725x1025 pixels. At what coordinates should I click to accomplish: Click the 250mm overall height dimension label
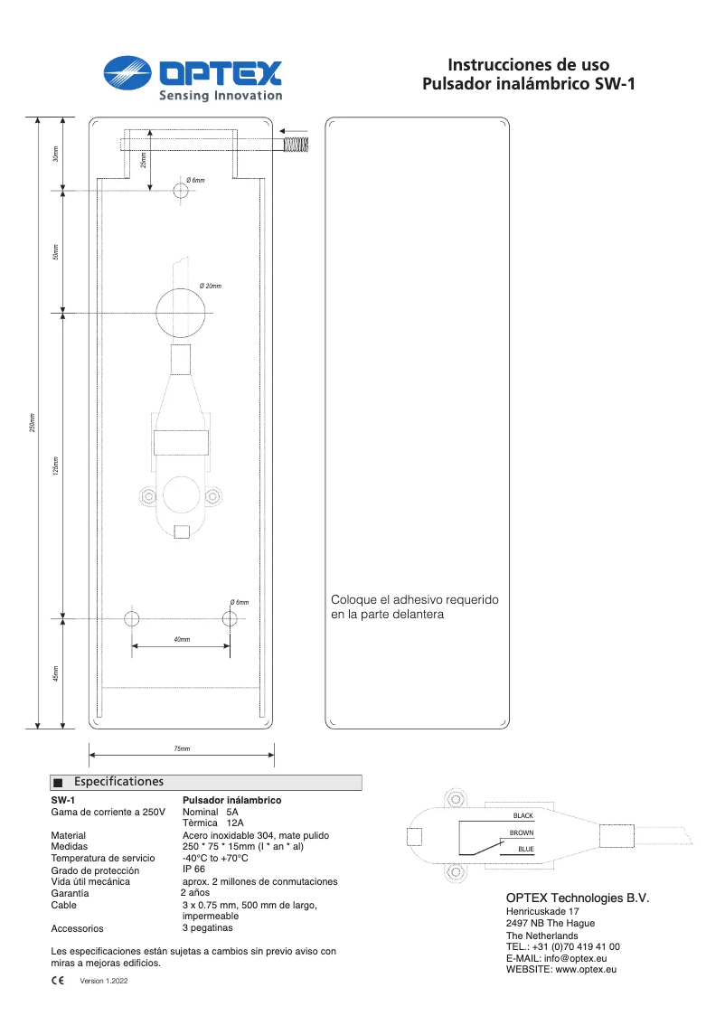click(32, 422)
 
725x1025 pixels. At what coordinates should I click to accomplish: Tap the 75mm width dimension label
click(182, 748)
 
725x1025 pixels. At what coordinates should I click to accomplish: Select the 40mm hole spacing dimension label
click(182, 639)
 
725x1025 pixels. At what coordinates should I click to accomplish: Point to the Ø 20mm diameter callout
click(210, 286)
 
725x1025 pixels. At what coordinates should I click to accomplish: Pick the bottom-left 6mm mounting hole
click(132, 619)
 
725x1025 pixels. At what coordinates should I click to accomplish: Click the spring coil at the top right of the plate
click(296, 144)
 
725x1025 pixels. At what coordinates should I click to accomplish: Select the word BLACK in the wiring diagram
click(523, 816)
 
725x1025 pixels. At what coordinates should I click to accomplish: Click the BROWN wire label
click(522, 832)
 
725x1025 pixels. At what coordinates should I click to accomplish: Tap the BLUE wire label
click(525, 849)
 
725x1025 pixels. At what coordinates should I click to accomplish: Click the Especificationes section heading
click(118, 782)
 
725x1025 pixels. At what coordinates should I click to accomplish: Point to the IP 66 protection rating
click(193, 869)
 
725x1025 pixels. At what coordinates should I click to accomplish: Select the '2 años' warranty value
click(194, 892)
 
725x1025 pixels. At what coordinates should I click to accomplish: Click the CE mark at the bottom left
click(57, 980)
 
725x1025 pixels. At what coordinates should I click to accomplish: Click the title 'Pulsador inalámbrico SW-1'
click(529, 86)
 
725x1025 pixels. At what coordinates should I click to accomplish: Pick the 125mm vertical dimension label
click(56, 465)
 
